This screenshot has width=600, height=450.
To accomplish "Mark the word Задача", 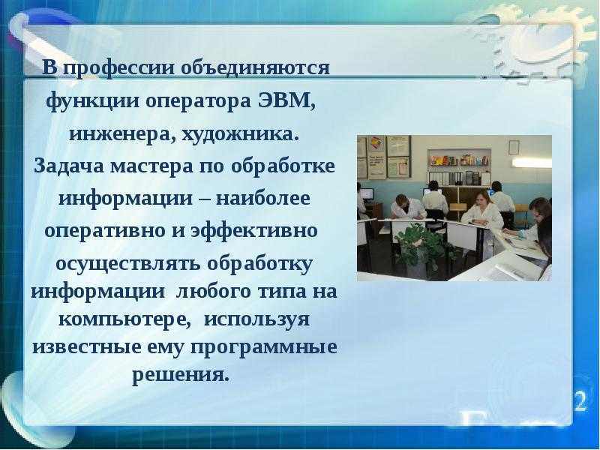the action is pyautogui.click(x=69, y=166).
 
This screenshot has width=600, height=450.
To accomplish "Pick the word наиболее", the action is pyautogui.click(x=263, y=198).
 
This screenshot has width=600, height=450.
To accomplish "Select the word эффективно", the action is pyautogui.click(x=254, y=231).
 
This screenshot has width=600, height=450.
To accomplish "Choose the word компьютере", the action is pyautogui.click(x=124, y=319).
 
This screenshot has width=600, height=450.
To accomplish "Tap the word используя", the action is pyautogui.click(x=256, y=319).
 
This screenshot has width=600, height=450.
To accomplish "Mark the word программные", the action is pyautogui.click(x=264, y=348).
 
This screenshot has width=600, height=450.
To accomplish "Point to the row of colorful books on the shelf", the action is pyautogui.click(x=460, y=160).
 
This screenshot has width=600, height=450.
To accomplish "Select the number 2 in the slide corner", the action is pyautogui.click(x=580, y=401).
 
